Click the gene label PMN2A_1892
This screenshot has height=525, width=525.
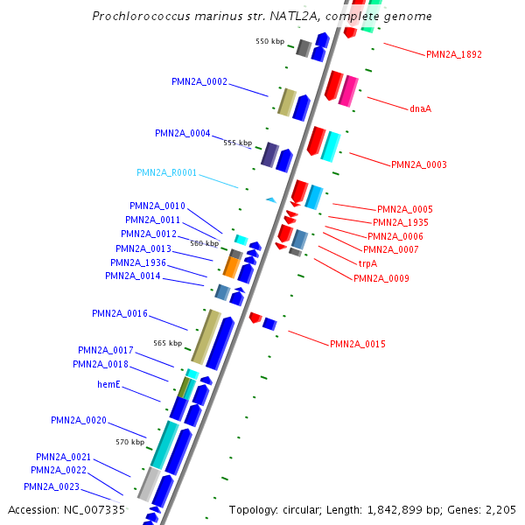point(453,54)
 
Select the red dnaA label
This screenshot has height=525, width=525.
point(420,109)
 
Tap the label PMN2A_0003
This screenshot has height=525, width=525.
point(418,164)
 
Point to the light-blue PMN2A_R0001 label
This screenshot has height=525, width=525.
point(166,172)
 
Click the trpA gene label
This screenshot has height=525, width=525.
point(367,263)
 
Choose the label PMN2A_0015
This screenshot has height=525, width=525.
point(357,344)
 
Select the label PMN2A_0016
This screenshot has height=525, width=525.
point(119,313)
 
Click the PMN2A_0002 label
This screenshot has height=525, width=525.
point(199,81)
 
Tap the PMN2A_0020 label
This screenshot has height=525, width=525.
point(78,420)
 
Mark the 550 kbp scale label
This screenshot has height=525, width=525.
point(269,41)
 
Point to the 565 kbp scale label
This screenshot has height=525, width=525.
point(167,343)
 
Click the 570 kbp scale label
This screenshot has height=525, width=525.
point(130,442)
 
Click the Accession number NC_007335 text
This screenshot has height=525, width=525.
point(66,509)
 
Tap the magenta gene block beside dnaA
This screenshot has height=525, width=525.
point(348,91)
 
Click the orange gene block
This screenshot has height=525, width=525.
point(231,266)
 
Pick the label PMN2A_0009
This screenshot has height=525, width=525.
point(381,278)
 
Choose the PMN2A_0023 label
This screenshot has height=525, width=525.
point(51,486)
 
